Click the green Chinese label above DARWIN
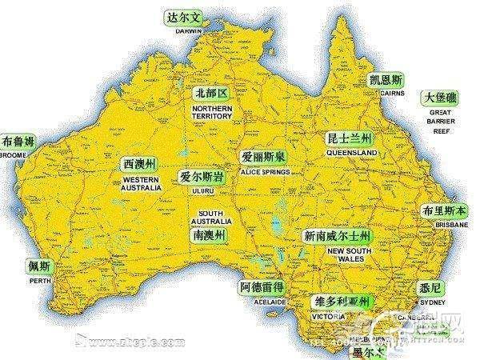pos(181,17)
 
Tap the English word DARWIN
pos(181,32)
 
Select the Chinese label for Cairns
pos(386,80)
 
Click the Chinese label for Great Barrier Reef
pos(441,98)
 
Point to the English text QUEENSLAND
pos(352,152)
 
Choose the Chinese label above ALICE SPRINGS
pos(263,158)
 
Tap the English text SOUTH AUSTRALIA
pos(211,218)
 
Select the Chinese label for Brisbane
pos(446,211)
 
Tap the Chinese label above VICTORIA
pos(341,302)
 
